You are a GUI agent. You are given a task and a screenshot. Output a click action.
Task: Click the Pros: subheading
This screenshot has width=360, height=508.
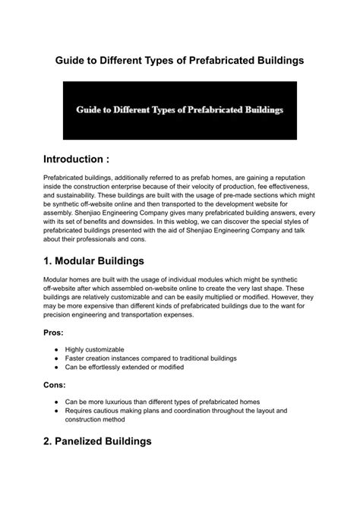click(55, 332)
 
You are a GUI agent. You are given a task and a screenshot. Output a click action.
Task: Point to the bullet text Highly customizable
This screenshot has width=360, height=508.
click(100, 349)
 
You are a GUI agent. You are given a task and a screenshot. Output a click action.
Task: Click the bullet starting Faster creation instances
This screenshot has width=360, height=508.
click(151, 358)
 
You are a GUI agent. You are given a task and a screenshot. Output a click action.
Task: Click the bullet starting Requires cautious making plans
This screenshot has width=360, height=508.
click(176, 411)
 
